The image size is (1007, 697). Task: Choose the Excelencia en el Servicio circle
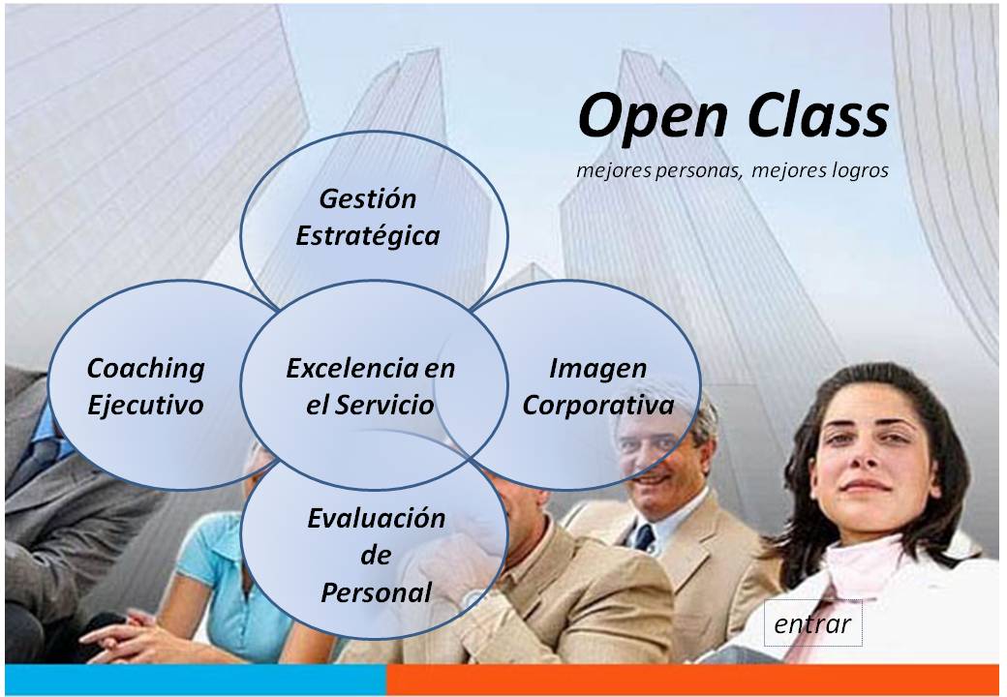[371, 386]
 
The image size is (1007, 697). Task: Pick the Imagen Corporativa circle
[597, 385]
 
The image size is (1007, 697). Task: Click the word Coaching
[146, 369]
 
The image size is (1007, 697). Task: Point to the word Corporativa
[597, 404]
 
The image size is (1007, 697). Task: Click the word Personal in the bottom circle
[376, 591]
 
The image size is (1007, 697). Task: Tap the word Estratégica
[367, 236]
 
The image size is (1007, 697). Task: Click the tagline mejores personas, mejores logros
[732, 171]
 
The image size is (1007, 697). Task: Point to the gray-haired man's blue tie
[645, 537]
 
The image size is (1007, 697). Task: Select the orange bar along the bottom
[691, 679]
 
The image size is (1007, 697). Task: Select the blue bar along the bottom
[195, 679]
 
